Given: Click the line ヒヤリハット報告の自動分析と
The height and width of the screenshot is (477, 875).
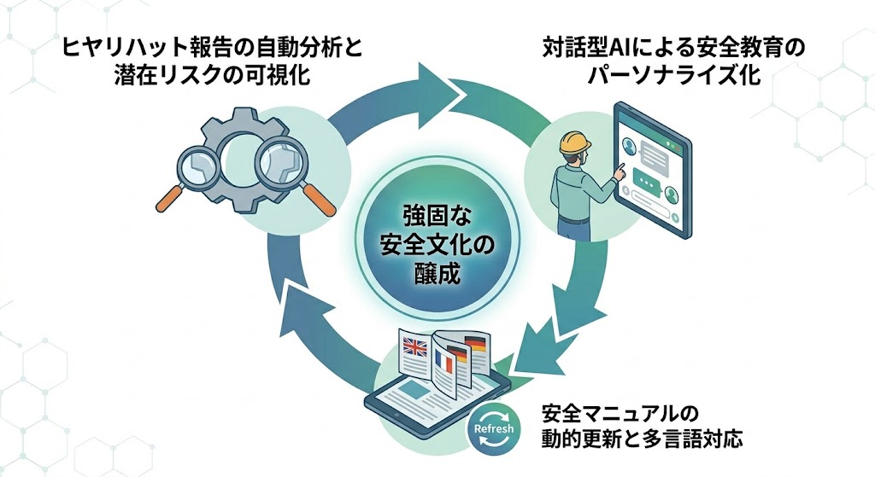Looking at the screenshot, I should coord(211,46).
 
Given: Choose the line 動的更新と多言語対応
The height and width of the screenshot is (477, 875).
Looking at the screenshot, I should coord(642,441).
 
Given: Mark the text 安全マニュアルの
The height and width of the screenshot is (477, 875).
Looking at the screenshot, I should coord(614,414).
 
